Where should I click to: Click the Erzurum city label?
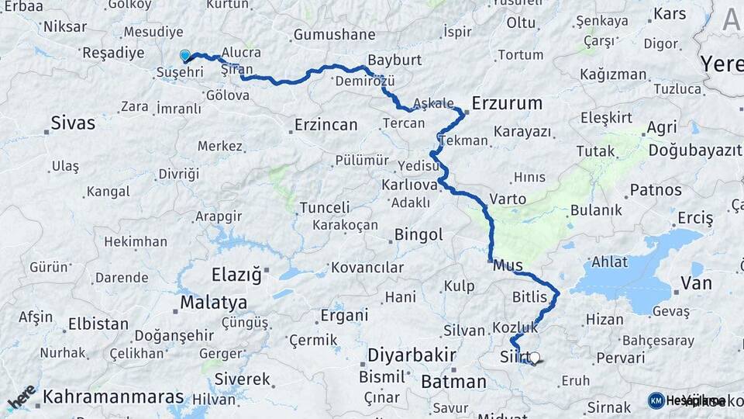pos(507,103)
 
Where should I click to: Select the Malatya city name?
pos(213,302)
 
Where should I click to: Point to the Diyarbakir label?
pos(411,356)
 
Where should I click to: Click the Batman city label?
pos(453,382)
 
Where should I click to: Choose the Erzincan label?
pos(325,124)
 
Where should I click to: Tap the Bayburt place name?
pos(394,60)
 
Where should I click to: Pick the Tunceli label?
pos(325,207)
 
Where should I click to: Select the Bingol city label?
pos(418,234)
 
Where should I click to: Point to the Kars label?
pos(670,14)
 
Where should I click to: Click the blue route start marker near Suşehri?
pos(185,56)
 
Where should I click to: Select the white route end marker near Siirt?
pos(534,358)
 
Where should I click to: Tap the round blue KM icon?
pos(656,400)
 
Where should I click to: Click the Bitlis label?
pos(529,297)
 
